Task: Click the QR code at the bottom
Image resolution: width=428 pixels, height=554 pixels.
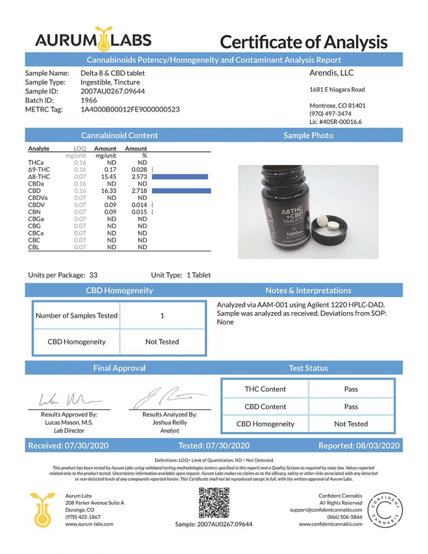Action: pos(214,503)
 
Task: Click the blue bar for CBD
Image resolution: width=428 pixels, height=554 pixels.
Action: pos(181,191)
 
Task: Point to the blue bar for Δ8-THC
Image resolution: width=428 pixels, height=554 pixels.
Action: pos(179,176)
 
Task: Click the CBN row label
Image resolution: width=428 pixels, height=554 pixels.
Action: pos(35,212)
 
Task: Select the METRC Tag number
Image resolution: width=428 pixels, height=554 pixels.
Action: pos(130,109)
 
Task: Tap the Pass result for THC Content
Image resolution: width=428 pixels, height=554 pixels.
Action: pos(351,389)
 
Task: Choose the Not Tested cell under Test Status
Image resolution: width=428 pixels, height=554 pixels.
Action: pos(351,424)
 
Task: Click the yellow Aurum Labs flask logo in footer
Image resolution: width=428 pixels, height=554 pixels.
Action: pos(43,509)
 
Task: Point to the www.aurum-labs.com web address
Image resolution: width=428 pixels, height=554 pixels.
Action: pos(89,524)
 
